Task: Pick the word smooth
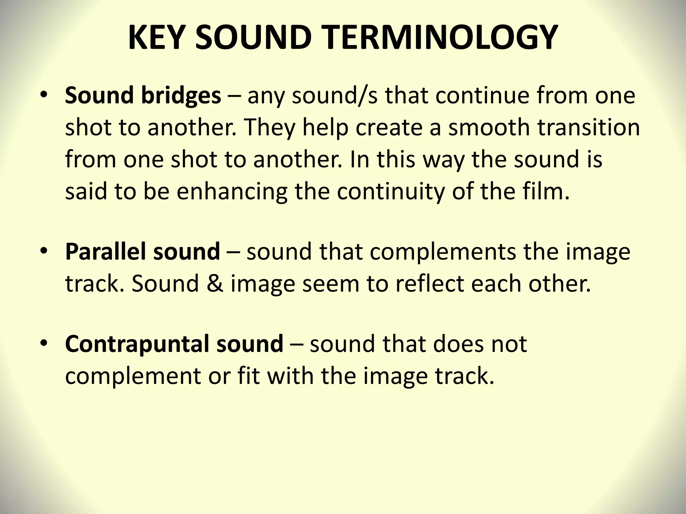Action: click(x=486, y=127)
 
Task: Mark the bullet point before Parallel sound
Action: click(x=43, y=251)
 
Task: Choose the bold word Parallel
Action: click(x=106, y=251)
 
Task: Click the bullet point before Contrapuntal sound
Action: click(x=43, y=344)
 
